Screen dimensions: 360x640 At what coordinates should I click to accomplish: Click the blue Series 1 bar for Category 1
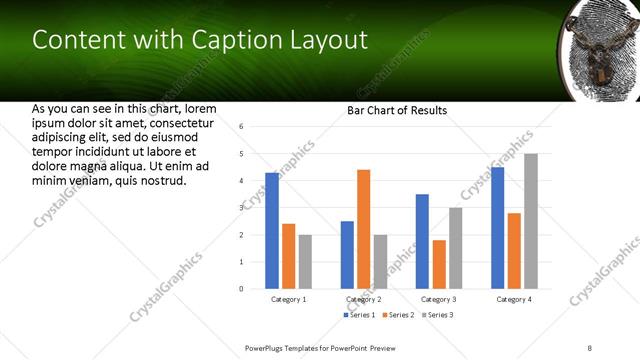272,230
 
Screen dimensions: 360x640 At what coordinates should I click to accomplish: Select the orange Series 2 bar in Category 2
363,229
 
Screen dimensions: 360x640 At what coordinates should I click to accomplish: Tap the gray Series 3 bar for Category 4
531,221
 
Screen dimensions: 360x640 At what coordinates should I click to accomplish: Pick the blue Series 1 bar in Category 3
422,241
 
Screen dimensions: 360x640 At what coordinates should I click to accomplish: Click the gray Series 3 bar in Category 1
305,261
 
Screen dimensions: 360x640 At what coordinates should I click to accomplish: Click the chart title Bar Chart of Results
397,110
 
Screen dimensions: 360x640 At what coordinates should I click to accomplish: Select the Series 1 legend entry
361,315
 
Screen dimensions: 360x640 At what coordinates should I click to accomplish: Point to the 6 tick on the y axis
241,127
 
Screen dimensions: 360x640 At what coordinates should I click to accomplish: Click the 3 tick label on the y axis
241,208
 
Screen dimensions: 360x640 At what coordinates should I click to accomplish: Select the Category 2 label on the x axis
363,299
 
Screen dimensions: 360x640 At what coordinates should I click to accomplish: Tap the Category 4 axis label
514,299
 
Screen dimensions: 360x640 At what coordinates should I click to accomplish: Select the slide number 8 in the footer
591,347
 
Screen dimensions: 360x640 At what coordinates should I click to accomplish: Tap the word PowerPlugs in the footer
268,347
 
